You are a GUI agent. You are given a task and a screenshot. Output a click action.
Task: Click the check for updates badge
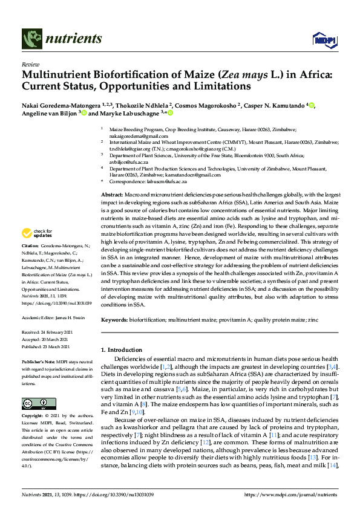point(38,233)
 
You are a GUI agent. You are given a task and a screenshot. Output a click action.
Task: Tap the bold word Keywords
point(114,319)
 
